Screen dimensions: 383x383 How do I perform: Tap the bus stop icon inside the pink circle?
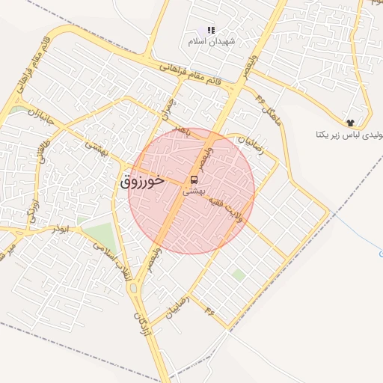click(x=194, y=180)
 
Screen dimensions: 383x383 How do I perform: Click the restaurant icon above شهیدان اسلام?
click(x=212, y=31)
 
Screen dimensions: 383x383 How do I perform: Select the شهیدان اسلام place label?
click(x=212, y=42)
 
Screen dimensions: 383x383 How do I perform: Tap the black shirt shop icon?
click(x=349, y=121)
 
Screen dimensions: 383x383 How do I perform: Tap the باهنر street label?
click(x=181, y=132)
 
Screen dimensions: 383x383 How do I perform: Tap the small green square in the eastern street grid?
click(x=238, y=275)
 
